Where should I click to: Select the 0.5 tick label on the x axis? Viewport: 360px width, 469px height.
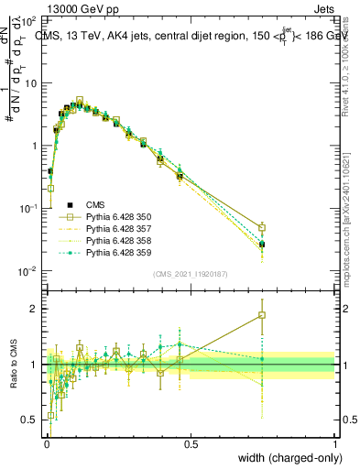(191, 444)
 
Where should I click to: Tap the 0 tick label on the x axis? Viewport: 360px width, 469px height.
(47, 444)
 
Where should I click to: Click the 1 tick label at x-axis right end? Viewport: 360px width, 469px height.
(334, 444)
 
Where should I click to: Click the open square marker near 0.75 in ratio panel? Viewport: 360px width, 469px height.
(262, 315)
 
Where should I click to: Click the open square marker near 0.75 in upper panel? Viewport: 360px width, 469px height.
(262, 228)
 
